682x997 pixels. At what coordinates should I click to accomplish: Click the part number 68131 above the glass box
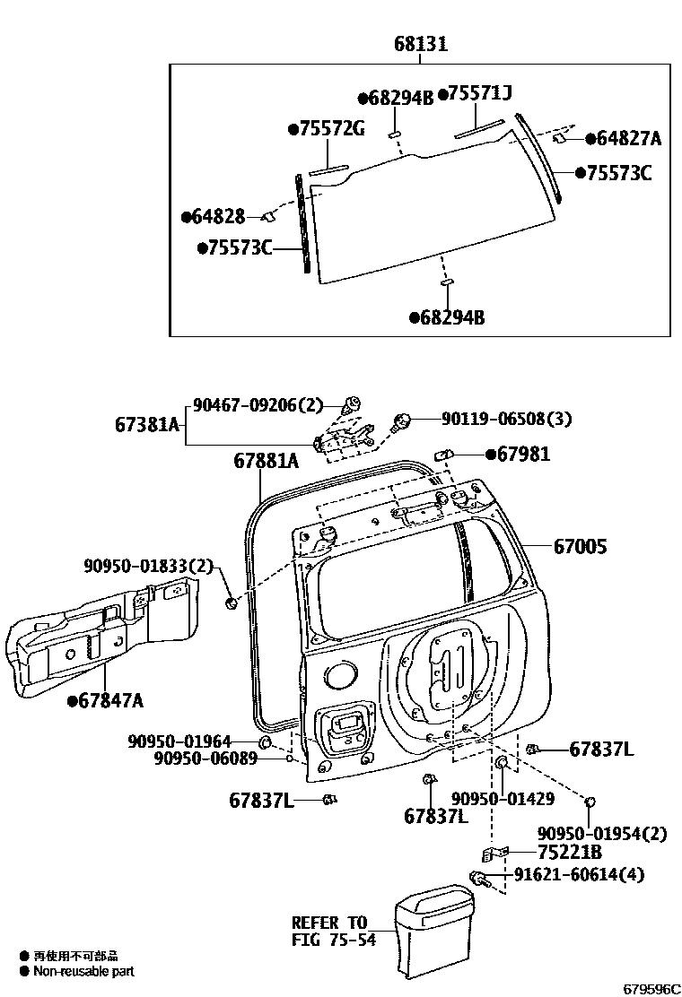420,44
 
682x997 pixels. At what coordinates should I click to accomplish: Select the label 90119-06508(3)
506,419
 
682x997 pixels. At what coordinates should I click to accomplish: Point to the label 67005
579,545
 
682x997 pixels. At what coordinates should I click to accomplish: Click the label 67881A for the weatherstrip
266,461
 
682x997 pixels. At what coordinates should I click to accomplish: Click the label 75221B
570,852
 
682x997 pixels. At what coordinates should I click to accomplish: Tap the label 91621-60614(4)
579,874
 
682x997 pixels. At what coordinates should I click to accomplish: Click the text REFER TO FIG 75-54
329,931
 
